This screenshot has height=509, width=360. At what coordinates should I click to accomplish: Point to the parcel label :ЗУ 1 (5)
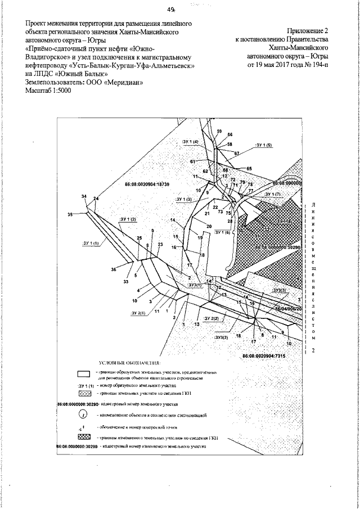(263, 145)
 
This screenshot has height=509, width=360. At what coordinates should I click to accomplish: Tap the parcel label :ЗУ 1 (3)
(183, 199)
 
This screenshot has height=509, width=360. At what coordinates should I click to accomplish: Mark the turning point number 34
(84, 196)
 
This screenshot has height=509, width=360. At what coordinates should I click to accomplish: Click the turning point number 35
(70, 215)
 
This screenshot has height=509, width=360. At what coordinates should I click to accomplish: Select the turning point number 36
(114, 269)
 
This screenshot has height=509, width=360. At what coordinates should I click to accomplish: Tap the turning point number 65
(249, 168)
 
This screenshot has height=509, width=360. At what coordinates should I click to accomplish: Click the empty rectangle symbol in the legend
(84, 374)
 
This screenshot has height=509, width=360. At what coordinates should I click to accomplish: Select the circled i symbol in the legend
(83, 415)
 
